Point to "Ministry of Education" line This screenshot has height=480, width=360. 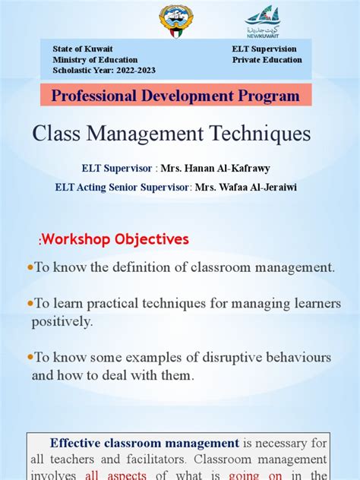pos(95,60)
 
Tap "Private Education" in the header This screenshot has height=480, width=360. pos(267,60)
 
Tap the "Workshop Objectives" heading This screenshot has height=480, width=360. pos(115,239)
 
